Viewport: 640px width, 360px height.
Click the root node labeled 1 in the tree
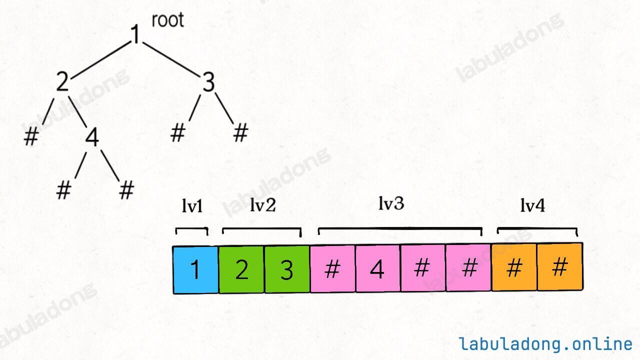(135, 34)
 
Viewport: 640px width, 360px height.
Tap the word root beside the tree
(167, 20)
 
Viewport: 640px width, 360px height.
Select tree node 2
(62, 82)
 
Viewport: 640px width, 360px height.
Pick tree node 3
(208, 82)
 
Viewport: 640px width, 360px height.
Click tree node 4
(91, 137)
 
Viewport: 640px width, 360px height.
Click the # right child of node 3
(240, 133)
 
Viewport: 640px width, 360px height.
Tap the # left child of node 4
(63, 190)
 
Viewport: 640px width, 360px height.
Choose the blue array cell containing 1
(195, 269)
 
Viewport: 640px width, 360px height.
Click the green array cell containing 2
(241, 269)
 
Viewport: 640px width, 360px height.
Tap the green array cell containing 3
(286, 269)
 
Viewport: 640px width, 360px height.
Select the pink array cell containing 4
(377, 269)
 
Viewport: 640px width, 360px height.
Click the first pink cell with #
(332, 269)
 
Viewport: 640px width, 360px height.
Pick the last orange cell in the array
(560, 267)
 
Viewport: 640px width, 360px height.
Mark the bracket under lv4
(537, 229)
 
